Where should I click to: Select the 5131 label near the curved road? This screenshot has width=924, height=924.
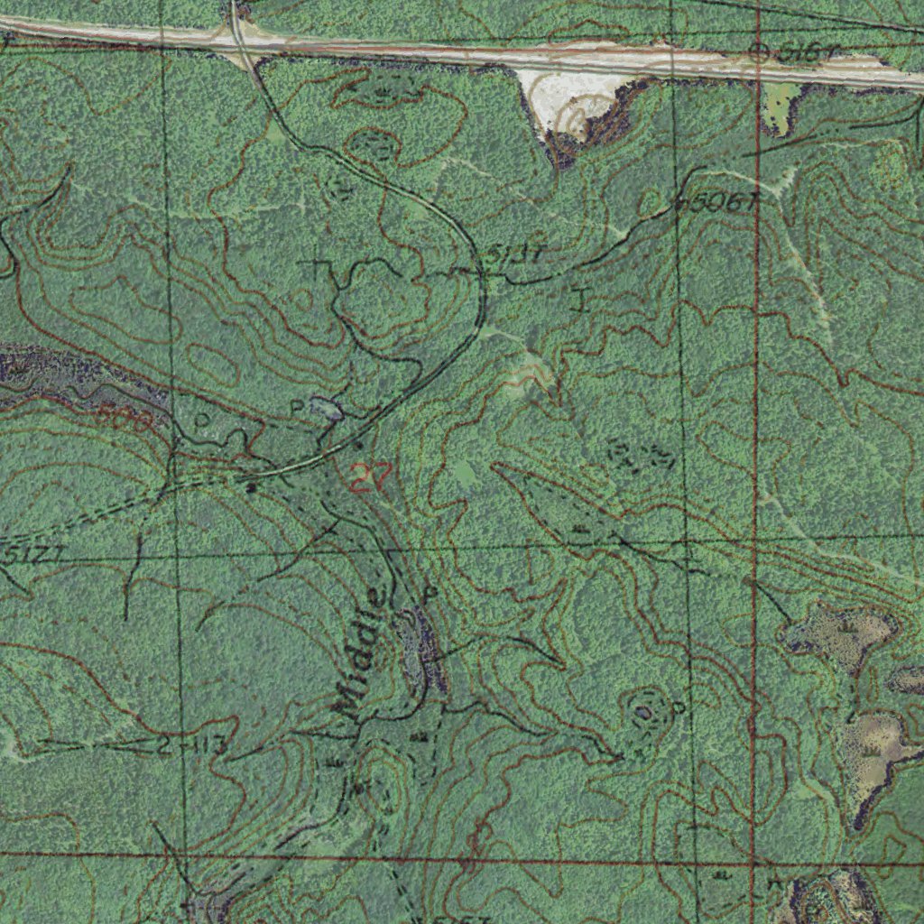click(514, 255)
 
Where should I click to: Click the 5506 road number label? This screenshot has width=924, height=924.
click(717, 203)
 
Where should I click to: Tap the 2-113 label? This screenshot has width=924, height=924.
click(190, 746)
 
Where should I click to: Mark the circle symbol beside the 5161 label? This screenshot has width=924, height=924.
click(760, 52)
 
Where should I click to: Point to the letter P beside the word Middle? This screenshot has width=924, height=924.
click(430, 594)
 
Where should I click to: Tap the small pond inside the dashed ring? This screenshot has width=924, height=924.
click(643, 712)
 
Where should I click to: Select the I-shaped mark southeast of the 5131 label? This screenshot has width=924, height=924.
click(579, 297)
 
